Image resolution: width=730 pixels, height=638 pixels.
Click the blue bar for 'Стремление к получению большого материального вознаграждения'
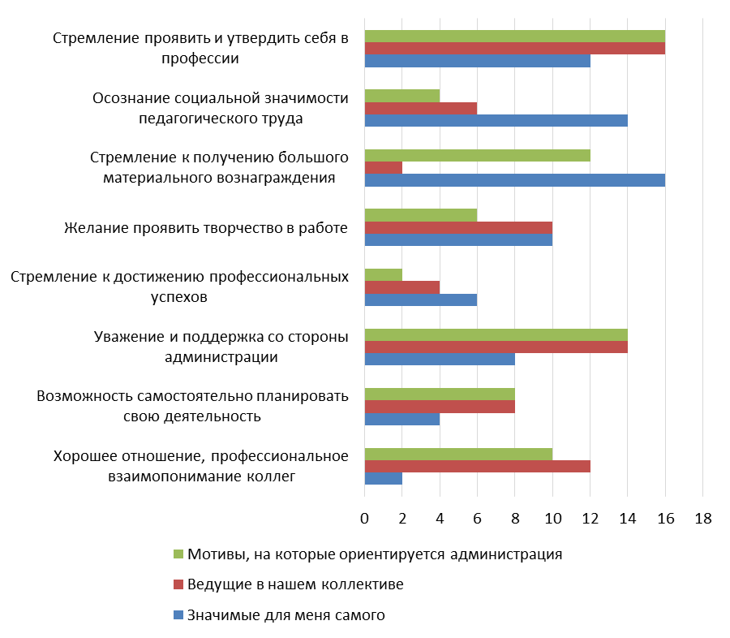click(x=514, y=180)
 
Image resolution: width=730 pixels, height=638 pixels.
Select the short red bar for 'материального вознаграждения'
click(x=384, y=168)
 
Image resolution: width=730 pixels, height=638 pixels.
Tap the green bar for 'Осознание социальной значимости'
click(x=402, y=96)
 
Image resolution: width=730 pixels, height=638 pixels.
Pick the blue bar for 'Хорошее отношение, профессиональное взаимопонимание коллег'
click(x=384, y=479)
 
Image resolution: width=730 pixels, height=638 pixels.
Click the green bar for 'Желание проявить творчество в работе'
click(x=421, y=215)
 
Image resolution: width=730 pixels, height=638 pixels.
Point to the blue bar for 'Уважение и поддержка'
click(x=440, y=360)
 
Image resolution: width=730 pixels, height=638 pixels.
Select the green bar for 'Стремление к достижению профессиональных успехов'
click(x=384, y=275)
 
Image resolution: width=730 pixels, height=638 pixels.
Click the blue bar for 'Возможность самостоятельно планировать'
click(x=402, y=420)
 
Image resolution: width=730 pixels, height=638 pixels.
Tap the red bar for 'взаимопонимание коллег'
click(x=477, y=467)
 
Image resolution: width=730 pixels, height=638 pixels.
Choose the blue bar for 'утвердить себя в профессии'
click(x=477, y=61)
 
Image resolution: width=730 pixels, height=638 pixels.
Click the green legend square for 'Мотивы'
click(x=179, y=554)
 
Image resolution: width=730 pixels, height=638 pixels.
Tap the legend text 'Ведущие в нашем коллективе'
click(x=295, y=584)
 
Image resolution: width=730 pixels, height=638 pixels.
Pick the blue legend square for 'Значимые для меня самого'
click(x=179, y=615)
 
